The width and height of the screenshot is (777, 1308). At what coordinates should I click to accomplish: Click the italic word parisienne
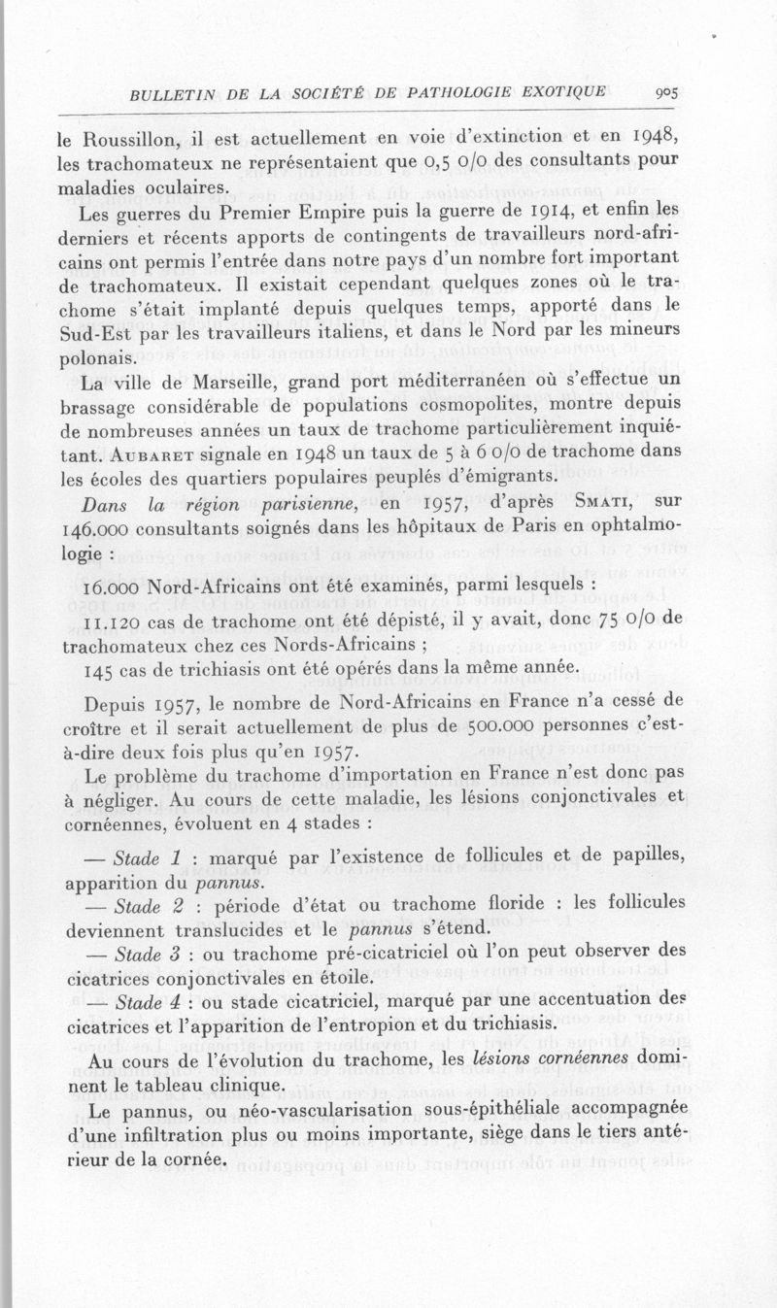coord(301,504)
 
